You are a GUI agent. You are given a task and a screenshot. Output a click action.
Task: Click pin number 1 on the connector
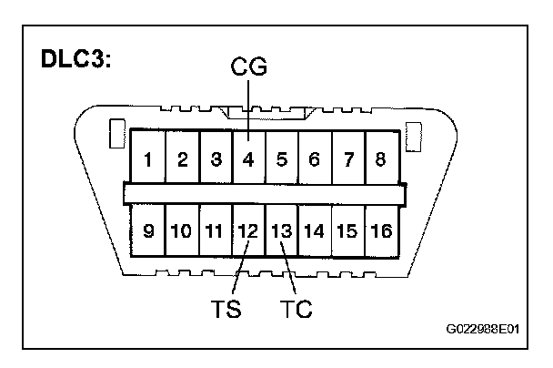pyautogui.click(x=147, y=160)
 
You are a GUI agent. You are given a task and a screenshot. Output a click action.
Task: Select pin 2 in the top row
pyautogui.click(x=182, y=160)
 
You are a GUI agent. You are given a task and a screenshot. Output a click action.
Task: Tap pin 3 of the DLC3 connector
pyautogui.click(x=216, y=160)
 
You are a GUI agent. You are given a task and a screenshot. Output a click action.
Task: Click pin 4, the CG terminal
pyautogui.click(x=247, y=160)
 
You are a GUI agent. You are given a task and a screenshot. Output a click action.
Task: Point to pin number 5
pyautogui.click(x=281, y=160)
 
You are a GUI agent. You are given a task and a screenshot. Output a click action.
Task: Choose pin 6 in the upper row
pyautogui.click(x=314, y=160)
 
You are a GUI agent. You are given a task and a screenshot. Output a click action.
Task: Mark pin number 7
pyautogui.click(x=347, y=160)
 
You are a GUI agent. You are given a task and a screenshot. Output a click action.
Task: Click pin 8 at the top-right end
pyautogui.click(x=380, y=160)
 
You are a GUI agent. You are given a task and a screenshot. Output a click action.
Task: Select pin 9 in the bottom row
pyautogui.click(x=147, y=230)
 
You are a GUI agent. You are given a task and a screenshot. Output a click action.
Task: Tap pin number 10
pyautogui.click(x=181, y=230)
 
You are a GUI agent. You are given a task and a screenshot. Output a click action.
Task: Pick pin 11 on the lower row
pyautogui.click(x=215, y=230)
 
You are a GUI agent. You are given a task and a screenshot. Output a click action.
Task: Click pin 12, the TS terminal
pyautogui.click(x=247, y=230)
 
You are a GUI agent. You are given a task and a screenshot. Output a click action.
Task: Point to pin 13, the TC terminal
pyautogui.click(x=281, y=230)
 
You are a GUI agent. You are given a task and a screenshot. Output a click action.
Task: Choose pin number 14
pyautogui.click(x=314, y=230)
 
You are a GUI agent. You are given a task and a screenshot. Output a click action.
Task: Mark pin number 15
pyautogui.click(x=347, y=230)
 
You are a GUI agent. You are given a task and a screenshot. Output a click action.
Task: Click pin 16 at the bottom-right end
pyautogui.click(x=381, y=230)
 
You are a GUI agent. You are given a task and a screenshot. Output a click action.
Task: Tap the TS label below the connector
pyautogui.click(x=226, y=309)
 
